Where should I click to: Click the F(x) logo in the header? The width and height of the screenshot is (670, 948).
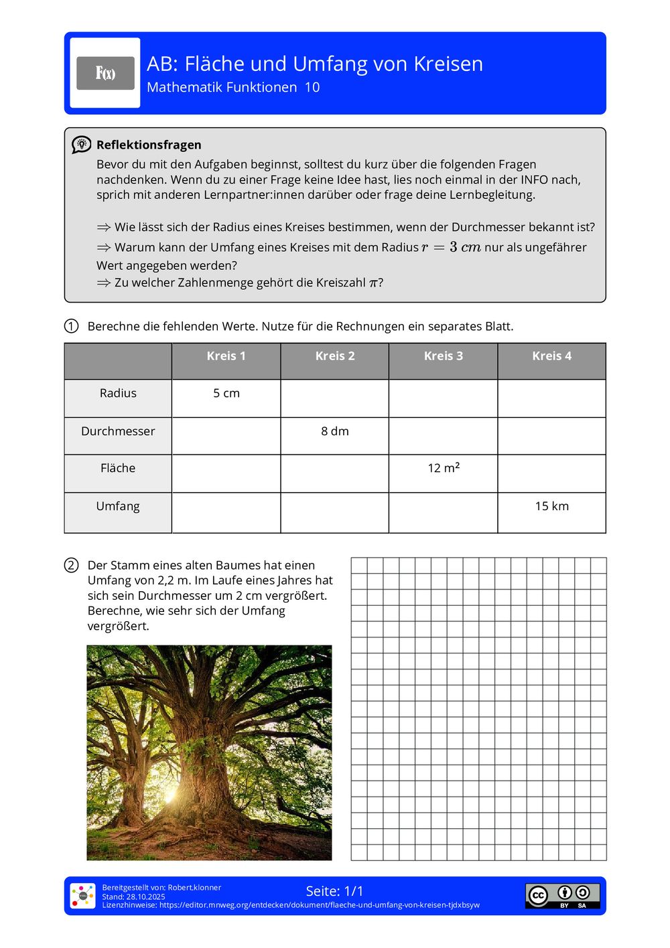click(105, 73)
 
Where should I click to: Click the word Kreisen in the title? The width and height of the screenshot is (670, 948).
click(448, 64)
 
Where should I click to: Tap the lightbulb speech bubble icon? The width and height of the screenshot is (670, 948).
click(82, 145)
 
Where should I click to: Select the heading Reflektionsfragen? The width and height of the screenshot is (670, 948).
click(149, 145)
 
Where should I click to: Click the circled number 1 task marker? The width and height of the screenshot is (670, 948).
click(71, 326)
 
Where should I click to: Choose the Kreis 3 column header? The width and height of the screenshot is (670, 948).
click(443, 356)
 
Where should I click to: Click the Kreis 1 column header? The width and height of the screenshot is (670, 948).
click(226, 356)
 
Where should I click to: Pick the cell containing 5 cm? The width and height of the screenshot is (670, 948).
click(226, 394)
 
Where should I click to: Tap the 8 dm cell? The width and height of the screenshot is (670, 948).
click(335, 431)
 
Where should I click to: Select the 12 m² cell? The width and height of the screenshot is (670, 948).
click(444, 468)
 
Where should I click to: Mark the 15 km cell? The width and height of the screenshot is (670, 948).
click(551, 506)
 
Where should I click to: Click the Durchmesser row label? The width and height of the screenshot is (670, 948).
click(118, 431)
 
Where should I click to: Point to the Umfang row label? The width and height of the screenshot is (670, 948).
click(118, 506)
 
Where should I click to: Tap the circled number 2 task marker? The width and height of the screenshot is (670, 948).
click(71, 565)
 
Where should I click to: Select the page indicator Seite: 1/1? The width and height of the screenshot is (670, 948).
click(334, 891)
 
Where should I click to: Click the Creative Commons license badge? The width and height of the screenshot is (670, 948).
click(562, 896)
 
